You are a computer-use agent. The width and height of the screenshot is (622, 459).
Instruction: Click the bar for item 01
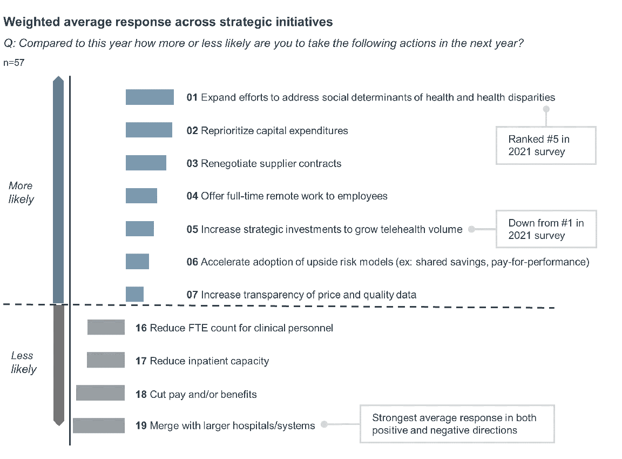point(150,97)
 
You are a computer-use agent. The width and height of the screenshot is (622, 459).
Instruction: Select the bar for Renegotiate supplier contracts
point(146,163)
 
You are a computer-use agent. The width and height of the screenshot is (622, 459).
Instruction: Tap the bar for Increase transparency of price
point(134,295)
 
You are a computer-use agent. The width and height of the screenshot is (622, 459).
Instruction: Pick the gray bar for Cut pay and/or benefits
point(100,394)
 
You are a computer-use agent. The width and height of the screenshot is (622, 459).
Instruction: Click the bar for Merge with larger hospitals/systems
point(99,425)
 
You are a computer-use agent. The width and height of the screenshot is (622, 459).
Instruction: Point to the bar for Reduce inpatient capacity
point(106,360)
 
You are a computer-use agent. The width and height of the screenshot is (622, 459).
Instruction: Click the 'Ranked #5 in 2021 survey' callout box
point(545,145)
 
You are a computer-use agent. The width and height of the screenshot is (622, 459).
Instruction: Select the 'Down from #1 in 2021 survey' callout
point(546,229)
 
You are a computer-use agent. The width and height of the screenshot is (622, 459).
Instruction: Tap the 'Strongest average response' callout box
point(457,424)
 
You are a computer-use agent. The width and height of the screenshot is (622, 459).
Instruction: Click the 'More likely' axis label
point(21,192)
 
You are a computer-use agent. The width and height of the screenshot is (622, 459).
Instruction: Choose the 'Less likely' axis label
point(23,362)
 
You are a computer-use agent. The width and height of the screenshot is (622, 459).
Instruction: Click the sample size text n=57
point(14,63)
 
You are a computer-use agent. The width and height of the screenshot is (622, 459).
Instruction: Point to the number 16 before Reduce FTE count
point(141,328)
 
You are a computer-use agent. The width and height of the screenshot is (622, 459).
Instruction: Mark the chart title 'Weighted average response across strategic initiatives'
point(168,22)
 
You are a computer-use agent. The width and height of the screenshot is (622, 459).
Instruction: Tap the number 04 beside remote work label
point(192,196)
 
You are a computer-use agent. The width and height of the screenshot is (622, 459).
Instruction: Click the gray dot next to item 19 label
point(324,425)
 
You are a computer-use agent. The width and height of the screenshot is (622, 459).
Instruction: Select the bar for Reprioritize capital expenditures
point(149,130)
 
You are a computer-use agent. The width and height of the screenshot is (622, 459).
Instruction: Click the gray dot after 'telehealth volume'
point(471,229)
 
